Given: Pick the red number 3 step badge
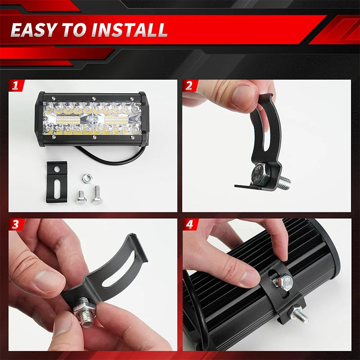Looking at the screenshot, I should click(x=16, y=225).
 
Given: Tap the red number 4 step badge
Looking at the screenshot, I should click(x=189, y=225).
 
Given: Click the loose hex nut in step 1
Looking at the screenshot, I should click(x=86, y=179).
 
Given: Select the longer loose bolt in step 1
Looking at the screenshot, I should click(x=97, y=195).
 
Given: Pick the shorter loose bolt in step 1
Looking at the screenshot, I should click(x=81, y=197).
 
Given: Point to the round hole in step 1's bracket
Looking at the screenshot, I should click(x=57, y=169).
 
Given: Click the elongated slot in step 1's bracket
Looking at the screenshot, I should click(x=57, y=189).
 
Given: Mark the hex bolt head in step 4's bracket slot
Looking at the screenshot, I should click(x=283, y=283).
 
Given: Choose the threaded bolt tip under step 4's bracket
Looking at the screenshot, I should click(x=299, y=315).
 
